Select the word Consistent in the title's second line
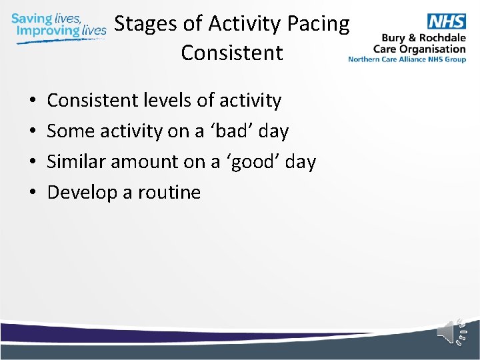pyautogui.click(x=231, y=53)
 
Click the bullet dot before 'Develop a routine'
pyautogui.click(x=33, y=193)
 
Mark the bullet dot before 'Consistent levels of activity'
pyautogui.click(x=33, y=101)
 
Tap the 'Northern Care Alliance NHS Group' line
pyautogui.click(x=407, y=59)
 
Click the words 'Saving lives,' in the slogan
pyautogui.click(x=46, y=18)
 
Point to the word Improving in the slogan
pyautogui.click(x=47, y=31)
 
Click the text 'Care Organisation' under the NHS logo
pyautogui.click(x=419, y=49)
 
